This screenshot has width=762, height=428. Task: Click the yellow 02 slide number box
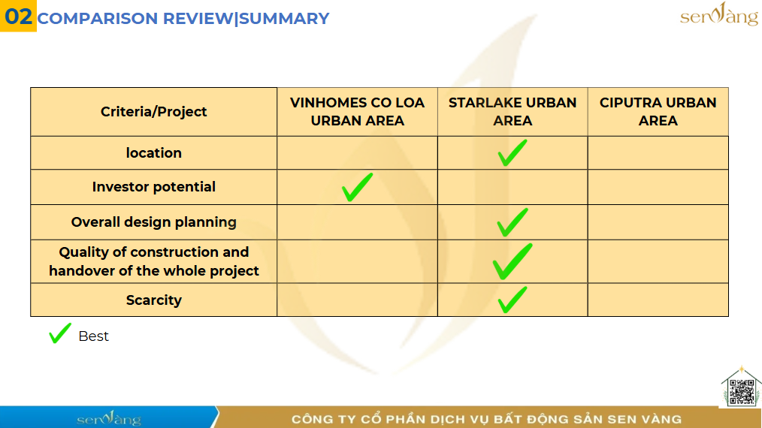(18, 16)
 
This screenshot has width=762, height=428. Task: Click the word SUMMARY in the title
(284, 19)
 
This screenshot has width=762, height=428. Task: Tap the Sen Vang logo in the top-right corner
(718, 14)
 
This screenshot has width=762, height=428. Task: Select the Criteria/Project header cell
(153, 112)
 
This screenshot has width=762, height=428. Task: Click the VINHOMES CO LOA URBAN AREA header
(357, 112)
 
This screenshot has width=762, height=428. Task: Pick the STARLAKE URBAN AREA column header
(513, 112)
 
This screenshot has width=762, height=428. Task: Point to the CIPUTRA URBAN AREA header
(658, 112)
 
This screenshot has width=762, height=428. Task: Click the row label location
(153, 153)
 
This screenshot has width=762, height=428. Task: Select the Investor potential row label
(153, 187)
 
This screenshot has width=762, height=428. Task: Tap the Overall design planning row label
(153, 222)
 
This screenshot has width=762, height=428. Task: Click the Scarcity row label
(153, 300)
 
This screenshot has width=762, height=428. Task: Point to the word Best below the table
(93, 336)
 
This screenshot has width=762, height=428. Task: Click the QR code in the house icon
(742, 391)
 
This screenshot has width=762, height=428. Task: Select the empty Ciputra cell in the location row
(658, 153)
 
